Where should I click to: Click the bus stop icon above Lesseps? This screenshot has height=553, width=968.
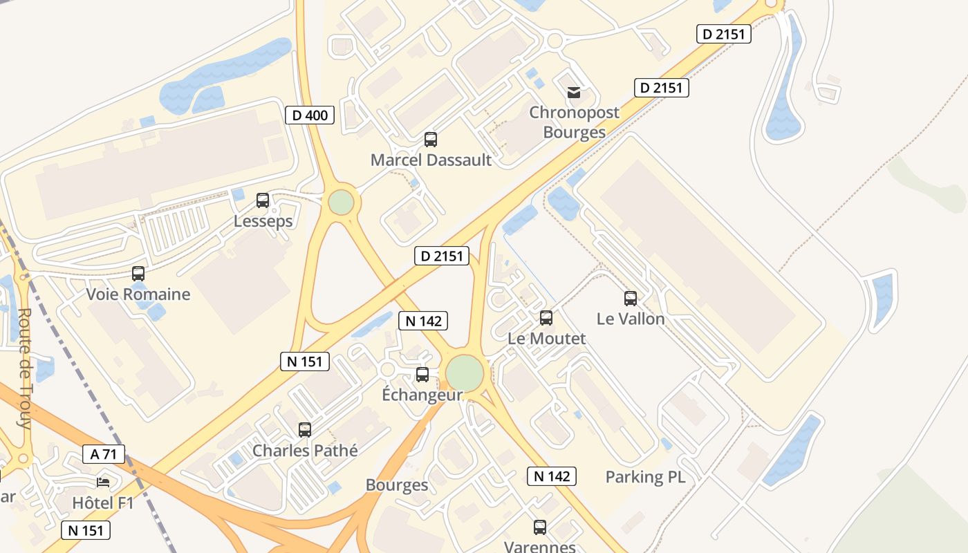pos(263,200)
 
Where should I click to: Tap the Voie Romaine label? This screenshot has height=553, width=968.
pos(138,294)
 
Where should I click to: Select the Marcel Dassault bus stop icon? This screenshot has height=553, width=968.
pos(431,140)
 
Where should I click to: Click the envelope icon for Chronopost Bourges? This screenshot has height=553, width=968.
pos(574,93)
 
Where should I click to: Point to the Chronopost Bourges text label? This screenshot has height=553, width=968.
pos(574,122)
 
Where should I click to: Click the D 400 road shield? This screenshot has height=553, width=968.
pos(310,115)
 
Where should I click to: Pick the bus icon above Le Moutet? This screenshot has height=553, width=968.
pos(546,318)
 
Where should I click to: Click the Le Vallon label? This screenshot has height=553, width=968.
pos(631,319)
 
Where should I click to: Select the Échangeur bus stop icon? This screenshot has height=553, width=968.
pos(422,375)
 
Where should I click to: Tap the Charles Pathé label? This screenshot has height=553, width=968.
pos(305,451)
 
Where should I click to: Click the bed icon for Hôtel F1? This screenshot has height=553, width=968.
pos(103,482)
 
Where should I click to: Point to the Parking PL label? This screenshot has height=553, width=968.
pos(645,477)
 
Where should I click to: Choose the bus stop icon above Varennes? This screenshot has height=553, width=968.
pos(540,527)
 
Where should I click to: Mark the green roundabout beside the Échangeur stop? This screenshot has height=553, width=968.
pos(465,373)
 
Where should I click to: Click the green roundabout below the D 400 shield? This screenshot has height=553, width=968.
pos(341,203)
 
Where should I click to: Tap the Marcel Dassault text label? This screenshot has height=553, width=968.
pos(431,160)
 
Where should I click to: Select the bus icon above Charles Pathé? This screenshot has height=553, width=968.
pos(305,429)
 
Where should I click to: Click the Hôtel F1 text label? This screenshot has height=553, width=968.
pos(103,503)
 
